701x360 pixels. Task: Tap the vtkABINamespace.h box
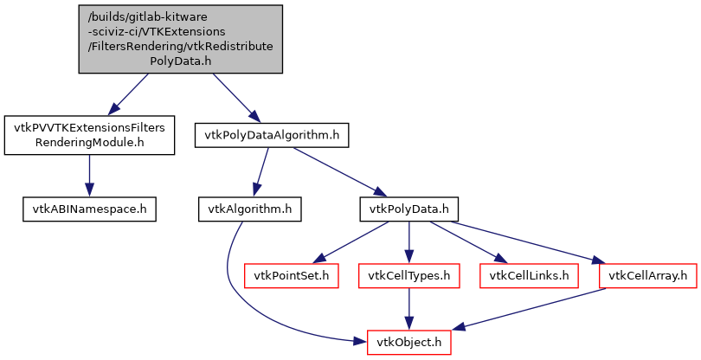pos(88,209)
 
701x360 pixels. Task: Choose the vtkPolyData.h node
pos(408,209)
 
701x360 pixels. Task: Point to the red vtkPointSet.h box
pos(290,275)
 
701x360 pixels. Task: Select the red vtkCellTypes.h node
pos(409,275)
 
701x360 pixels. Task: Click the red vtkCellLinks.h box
pos(529,275)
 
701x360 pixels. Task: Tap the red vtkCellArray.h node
pos(648,275)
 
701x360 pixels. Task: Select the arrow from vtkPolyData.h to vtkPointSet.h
pos(350,241)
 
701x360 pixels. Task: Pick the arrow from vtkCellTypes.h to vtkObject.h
pos(409,308)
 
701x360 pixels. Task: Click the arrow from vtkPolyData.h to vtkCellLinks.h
pos(468,241)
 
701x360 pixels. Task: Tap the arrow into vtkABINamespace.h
pos(88,177)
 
